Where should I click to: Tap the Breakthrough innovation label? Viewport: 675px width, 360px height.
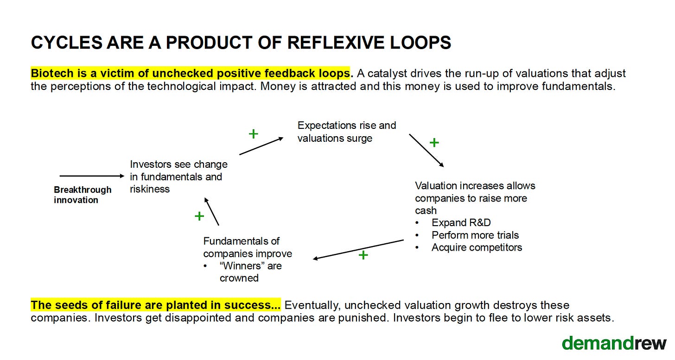click(83, 195)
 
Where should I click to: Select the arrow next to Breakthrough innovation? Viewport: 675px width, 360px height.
click(92, 176)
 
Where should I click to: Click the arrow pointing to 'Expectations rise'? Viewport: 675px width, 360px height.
click(261, 146)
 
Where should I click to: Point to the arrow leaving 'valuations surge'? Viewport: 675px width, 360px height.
click(427, 150)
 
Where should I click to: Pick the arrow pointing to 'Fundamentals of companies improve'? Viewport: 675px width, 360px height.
click(358, 249)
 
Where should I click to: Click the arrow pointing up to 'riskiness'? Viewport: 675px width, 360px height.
click(212, 211)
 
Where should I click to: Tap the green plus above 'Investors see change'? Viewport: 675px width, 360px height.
click(253, 134)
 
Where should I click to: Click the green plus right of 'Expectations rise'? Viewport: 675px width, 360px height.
click(434, 143)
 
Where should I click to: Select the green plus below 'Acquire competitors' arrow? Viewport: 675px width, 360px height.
click(363, 255)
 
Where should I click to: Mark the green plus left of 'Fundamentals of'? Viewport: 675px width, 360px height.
click(199, 216)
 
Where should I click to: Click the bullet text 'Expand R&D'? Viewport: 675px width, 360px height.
click(461, 223)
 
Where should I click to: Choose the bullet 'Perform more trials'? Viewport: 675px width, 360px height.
click(475, 235)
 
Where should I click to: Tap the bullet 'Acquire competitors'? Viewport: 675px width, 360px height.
click(477, 247)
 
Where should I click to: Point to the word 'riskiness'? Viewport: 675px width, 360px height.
click(150, 189)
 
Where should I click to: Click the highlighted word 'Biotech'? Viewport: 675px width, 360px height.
click(49, 73)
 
